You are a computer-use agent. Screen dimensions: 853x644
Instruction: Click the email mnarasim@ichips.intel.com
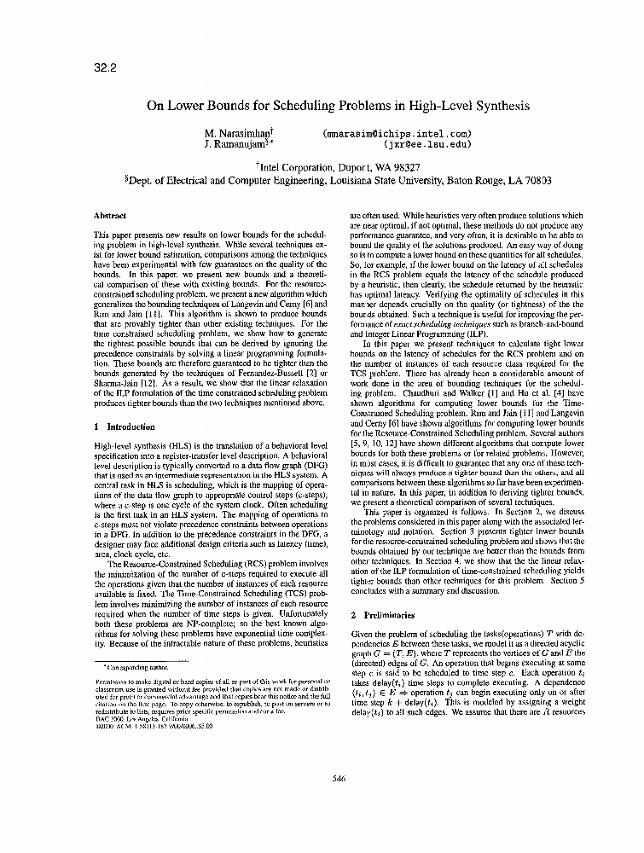[x=397, y=134]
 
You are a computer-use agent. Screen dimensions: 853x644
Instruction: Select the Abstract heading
[x=110, y=216]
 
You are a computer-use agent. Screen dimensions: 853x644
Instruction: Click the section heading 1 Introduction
[x=125, y=426]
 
